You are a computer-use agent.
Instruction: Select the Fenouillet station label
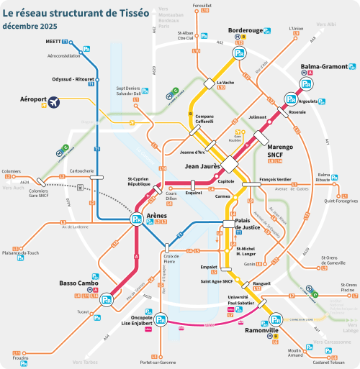pyautogui.click(x=202, y=5)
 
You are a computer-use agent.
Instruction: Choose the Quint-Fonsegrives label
pyautogui.click(x=341, y=201)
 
